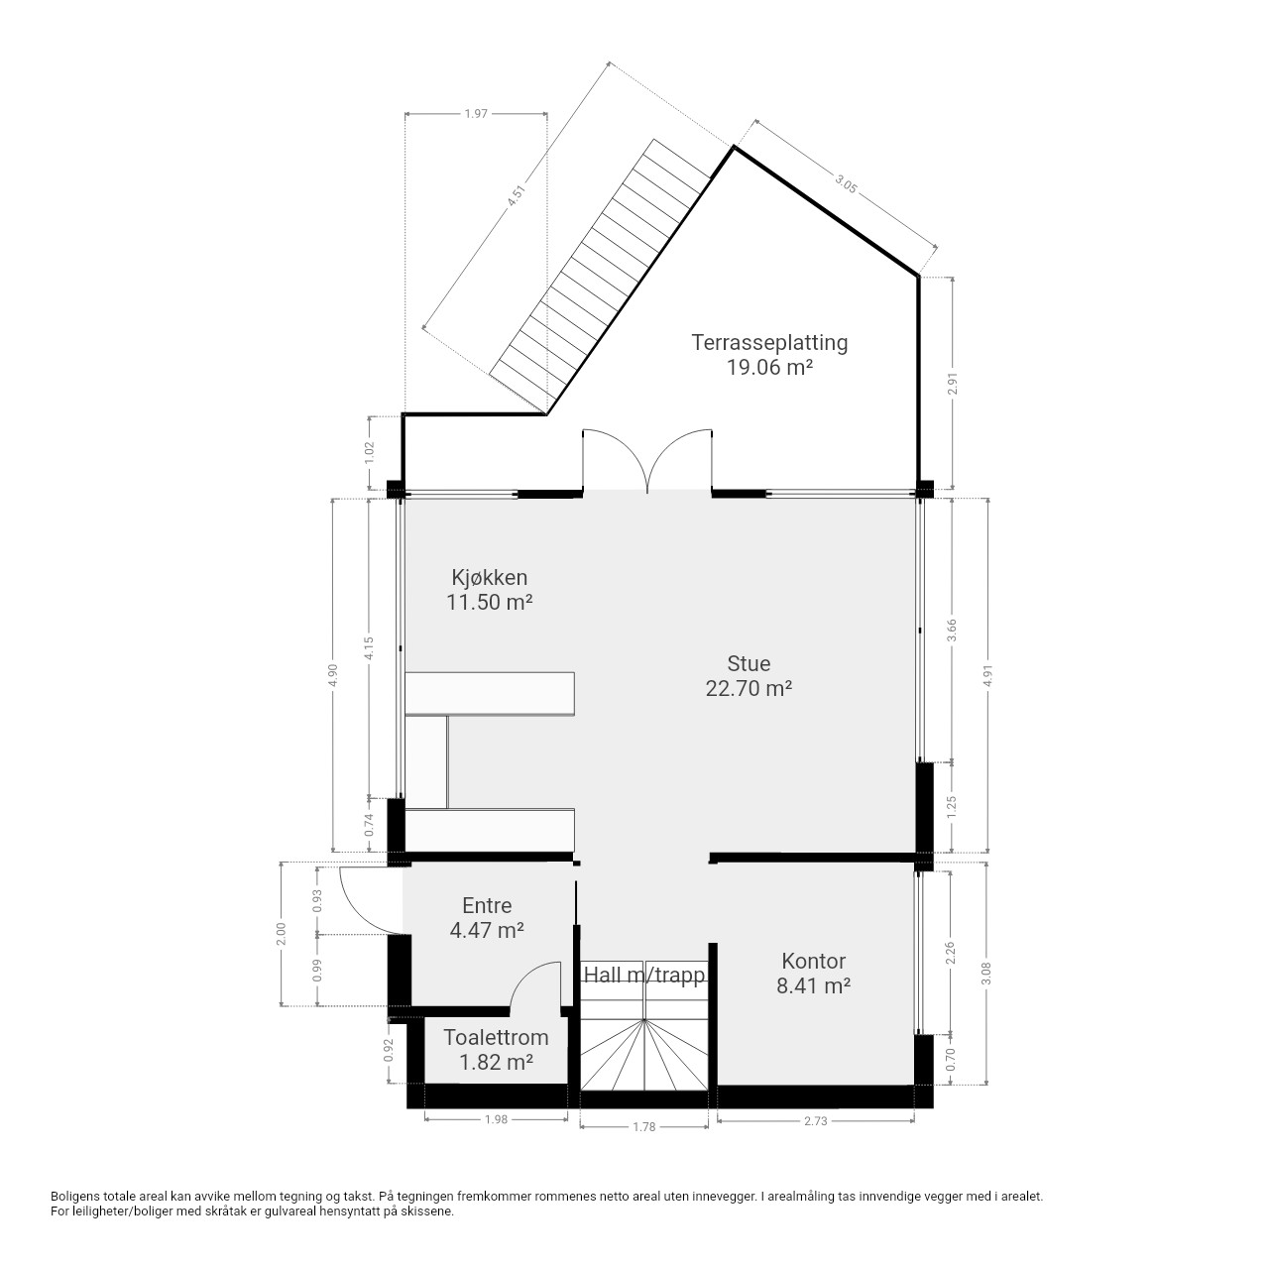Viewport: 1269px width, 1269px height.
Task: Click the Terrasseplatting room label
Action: (x=769, y=342)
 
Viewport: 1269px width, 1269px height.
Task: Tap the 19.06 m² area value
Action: (x=769, y=368)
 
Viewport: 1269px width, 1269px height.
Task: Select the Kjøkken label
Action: (x=490, y=578)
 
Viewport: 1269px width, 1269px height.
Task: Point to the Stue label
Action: (x=749, y=663)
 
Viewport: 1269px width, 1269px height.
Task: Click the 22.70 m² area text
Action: (x=749, y=688)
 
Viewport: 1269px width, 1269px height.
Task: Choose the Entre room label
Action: (x=487, y=905)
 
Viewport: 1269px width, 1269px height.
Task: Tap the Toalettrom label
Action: (x=496, y=1037)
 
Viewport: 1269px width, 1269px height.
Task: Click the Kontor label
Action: (x=813, y=961)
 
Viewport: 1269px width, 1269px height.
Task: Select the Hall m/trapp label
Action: (x=644, y=975)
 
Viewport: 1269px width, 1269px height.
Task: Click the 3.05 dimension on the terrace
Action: (x=846, y=182)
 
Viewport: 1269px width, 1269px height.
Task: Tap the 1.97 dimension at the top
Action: (x=476, y=114)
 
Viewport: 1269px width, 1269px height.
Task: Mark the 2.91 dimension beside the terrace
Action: (x=952, y=384)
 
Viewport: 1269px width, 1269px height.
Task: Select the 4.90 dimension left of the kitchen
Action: (x=332, y=675)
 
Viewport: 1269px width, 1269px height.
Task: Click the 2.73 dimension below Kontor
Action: (x=815, y=1121)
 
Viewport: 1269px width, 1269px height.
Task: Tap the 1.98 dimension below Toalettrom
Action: (x=496, y=1119)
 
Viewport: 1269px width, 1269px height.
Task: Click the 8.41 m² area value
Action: (x=813, y=985)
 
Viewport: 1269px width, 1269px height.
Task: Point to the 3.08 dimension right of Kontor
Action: (x=985, y=975)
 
